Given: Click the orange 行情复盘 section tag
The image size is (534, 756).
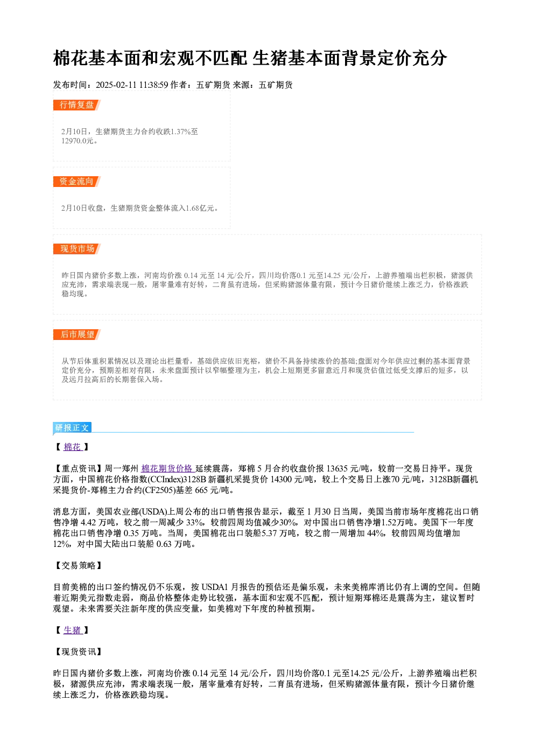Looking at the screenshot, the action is coord(77,105).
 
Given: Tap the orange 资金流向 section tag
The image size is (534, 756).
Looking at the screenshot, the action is coord(77,182).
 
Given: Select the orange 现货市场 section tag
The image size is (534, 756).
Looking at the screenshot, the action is coord(77,249).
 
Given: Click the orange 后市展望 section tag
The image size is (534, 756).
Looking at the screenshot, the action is coord(77,335).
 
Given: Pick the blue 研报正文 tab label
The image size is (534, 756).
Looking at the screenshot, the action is coord(72,428).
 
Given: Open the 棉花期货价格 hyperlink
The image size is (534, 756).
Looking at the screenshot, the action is coord(166,468).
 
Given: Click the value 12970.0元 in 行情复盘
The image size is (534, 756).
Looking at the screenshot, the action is coord(78,141).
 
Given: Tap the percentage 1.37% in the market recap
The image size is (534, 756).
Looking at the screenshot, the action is coord(181,131).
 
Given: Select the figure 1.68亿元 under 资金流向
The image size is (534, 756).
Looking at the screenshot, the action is coord(200,208).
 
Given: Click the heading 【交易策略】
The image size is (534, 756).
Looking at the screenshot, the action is coord(78,565).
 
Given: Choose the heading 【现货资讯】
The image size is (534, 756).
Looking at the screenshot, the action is coord(78,651).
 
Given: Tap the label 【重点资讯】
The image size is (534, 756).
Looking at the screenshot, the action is coord(78,468).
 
